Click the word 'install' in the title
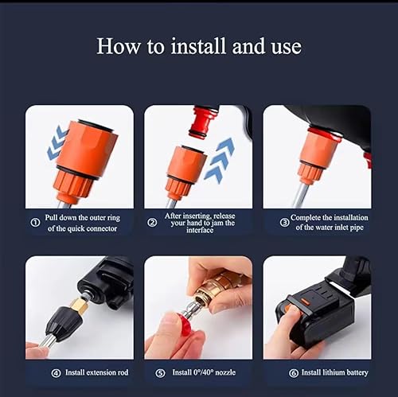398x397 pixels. tap(198, 46)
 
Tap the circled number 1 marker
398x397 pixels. tap(36, 222)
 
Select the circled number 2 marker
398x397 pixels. tap(152, 222)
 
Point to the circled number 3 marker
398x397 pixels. tap(285, 222)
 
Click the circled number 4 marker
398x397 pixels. tap(56, 373)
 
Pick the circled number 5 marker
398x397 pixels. tap(160, 373)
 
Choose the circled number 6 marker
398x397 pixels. tap(294, 373)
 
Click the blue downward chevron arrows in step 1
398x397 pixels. tap(57, 143)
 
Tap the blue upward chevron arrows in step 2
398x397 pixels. tap(220, 160)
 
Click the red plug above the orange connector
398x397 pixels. tap(204, 122)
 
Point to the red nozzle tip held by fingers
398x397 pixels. tap(184, 325)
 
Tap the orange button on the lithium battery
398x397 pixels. tap(305, 302)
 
